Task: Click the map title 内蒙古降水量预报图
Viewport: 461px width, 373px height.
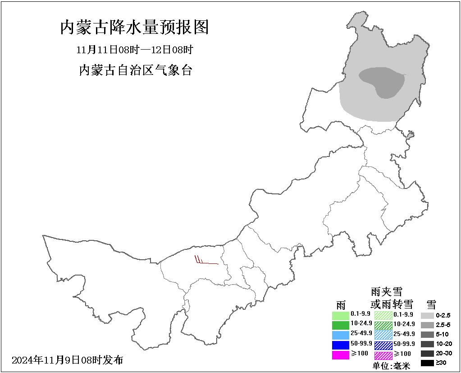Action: (134, 28)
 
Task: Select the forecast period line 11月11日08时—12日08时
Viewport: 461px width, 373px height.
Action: (135, 50)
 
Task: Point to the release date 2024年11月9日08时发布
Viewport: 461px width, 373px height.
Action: (67, 360)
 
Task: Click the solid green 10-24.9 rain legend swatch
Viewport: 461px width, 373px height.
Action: (340, 325)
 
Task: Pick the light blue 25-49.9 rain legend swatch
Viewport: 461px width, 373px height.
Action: (340, 335)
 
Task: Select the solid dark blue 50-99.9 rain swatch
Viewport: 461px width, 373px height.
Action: (340, 345)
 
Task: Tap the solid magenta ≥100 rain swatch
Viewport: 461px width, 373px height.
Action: (340, 355)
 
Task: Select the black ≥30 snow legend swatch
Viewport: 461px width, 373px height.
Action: (427, 363)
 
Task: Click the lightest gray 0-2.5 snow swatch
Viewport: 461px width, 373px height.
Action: (427, 316)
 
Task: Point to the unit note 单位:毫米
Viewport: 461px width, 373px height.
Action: (392, 366)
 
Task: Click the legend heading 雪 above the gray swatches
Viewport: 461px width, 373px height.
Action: (431, 304)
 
